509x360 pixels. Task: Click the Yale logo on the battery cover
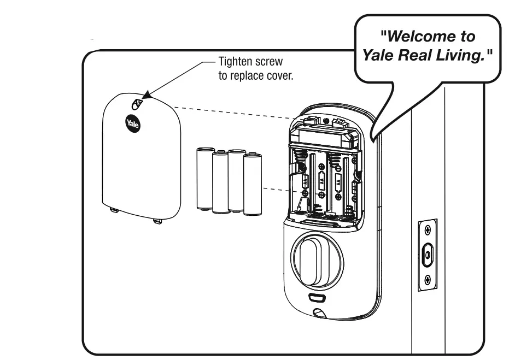coord(133,123)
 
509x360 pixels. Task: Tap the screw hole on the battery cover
coord(138,103)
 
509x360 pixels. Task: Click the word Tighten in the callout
coord(235,61)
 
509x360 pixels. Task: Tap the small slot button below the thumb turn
coord(317,298)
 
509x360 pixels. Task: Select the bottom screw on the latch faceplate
coord(428,280)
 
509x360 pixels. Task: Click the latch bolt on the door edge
coord(428,255)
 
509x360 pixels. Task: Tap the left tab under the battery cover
coord(113,210)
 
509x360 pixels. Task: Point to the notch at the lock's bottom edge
coord(318,314)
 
